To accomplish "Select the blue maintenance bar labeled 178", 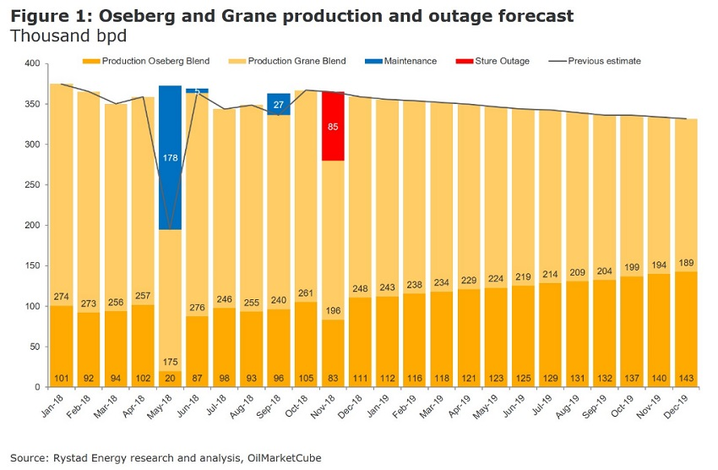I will click(x=171, y=157).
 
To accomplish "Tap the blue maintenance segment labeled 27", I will click(x=279, y=104).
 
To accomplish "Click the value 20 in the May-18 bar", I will click(x=171, y=379).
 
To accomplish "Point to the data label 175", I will click(x=171, y=339).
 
